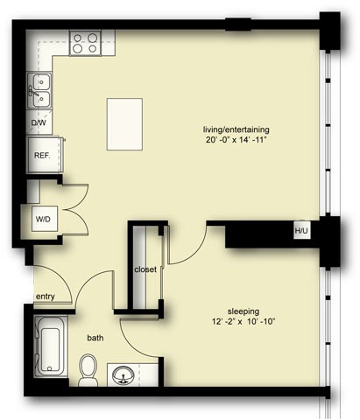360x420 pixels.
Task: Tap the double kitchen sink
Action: pyautogui.click(x=40, y=86)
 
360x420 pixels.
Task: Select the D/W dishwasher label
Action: pyautogui.click(x=39, y=123)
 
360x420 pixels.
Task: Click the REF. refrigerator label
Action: pyautogui.click(x=42, y=155)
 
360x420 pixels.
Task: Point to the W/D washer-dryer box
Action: pyautogui.click(x=42, y=218)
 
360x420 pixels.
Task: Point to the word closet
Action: pyautogui.click(x=145, y=269)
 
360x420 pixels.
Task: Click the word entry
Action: pyautogui.click(x=46, y=297)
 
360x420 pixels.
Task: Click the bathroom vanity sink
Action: pyautogui.click(x=125, y=375)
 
